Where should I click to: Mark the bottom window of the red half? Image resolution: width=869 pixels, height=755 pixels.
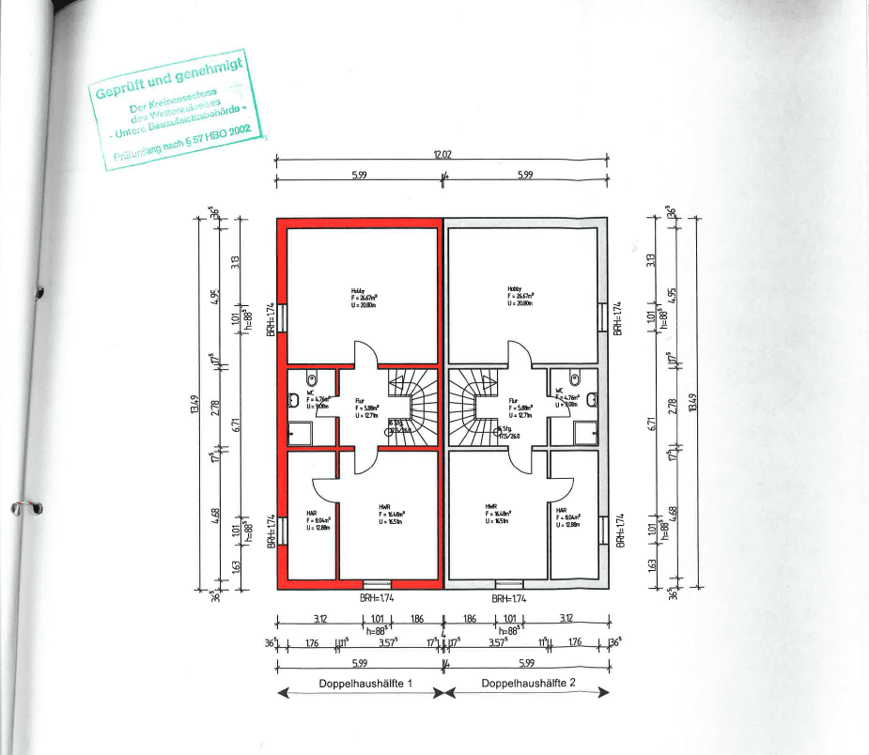tap(376, 583)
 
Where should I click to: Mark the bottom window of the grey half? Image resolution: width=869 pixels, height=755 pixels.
tap(508, 583)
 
